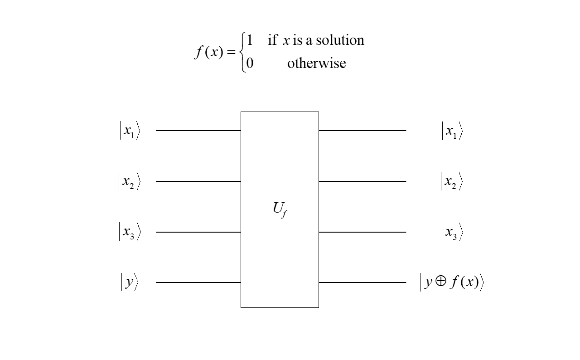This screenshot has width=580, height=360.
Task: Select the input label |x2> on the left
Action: click(x=130, y=182)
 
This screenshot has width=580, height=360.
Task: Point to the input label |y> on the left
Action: click(x=130, y=282)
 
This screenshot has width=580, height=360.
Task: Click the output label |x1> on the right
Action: click(x=452, y=131)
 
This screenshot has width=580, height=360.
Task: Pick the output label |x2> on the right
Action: click(x=452, y=182)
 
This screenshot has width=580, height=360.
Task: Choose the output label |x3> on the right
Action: click(x=452, y=232)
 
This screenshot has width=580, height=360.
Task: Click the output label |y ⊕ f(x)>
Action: click(x=452, y=282)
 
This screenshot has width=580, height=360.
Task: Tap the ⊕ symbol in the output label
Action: click(x=440, y=282)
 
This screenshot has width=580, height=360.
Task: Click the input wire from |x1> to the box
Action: click(x=198, y=131)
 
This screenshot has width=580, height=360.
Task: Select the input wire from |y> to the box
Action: click(x=198, y=282)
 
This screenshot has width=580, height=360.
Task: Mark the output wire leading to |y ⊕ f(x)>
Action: click(x=362, y=282)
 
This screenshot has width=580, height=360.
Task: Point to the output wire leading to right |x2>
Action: click(x=362, y=181)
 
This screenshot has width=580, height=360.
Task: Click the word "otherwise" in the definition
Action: click(x=316, y=63)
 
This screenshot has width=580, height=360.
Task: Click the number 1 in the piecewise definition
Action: click(x=250, y=40)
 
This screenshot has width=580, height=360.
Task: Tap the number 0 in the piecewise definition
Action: click(x=250, y=63)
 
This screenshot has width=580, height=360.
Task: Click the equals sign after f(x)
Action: click(x=231, y=53)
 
